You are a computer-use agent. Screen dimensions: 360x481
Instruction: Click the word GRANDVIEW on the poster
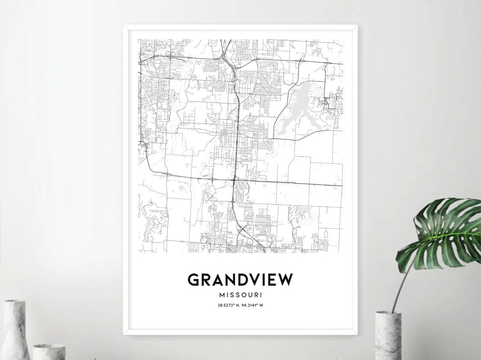tap(240, 279)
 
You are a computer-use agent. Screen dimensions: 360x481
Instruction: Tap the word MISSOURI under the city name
tap(240, 295)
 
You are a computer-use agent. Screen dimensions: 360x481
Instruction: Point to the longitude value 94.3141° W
tap(255, 305)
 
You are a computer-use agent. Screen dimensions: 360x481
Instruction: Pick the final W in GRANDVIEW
tap(286, 279)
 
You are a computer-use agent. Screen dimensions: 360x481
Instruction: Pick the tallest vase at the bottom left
tap(16, 329)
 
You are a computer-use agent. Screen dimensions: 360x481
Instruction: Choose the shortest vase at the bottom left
tap(49, 352)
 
